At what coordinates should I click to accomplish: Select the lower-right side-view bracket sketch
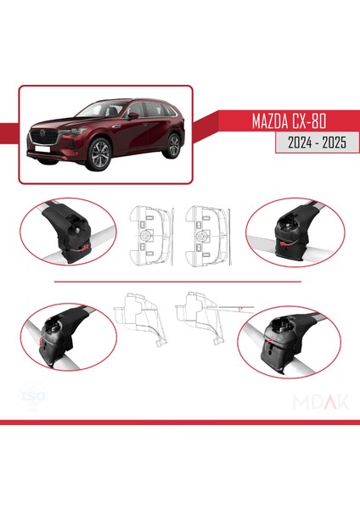(x=200, y=316)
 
